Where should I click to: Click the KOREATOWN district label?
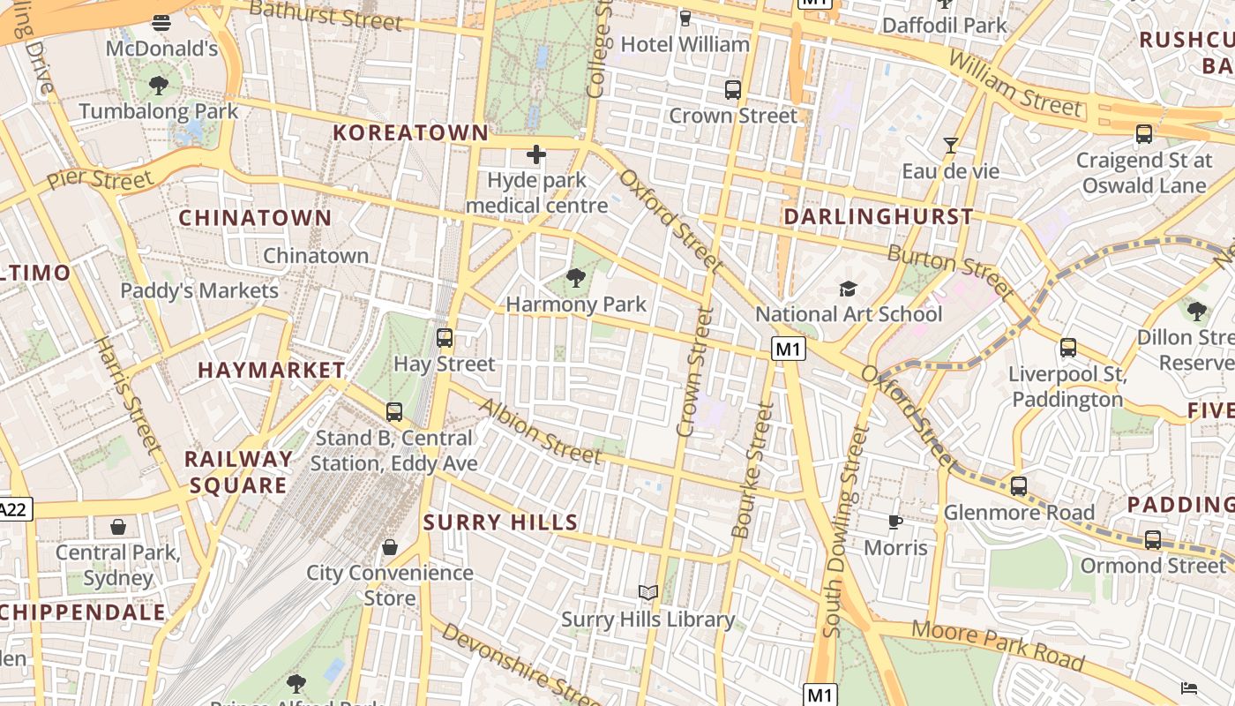(x=410, y=133)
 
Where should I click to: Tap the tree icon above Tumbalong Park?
(x=159, y=86)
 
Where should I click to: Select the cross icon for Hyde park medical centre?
(x=535, y=155)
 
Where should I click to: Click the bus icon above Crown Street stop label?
(x=733, y=89)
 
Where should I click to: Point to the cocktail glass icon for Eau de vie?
(x=951, y=146)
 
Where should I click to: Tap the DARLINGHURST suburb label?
(x=879, y=216)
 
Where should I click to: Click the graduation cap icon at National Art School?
(x=848, y=289)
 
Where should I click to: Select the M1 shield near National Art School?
(x=789, y=349)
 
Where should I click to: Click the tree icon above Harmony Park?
(x=576, y=279)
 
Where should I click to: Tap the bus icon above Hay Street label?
(x=445, y=337)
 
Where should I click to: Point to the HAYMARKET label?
(x=271, y=370)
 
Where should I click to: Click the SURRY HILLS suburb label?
(x=500, y=522)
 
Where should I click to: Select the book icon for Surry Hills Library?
(x=648, y=593)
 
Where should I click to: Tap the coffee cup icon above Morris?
(x=895, y=522)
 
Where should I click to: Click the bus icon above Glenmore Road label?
(x=1019, y=485)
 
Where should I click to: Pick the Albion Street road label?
(x=540, y=432)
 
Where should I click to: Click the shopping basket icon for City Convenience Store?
(x=390, y=547)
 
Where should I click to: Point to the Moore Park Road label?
(x=998, y=644)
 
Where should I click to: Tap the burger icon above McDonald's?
(x=161, y=23)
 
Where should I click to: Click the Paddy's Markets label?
(x=199, y=290)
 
